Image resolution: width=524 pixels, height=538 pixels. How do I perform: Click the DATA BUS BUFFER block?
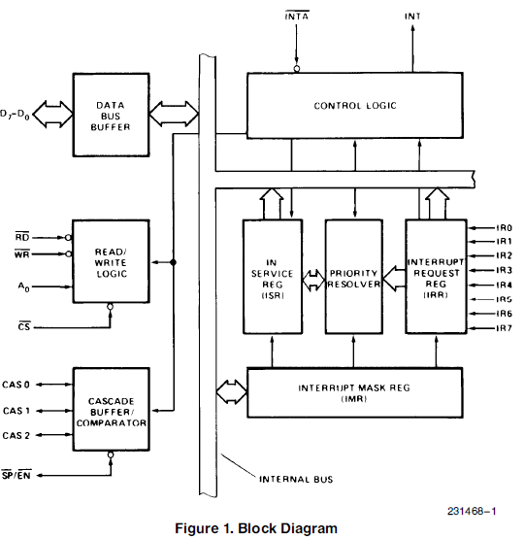coord(112,115)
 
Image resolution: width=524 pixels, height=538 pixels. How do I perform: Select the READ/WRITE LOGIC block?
coord(112,261)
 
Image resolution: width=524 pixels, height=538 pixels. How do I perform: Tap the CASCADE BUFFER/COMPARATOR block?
coord(112,409)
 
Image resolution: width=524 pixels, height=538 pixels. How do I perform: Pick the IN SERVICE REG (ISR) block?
coord(272,276)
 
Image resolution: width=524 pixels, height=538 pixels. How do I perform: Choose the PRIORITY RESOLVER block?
coord(353,276)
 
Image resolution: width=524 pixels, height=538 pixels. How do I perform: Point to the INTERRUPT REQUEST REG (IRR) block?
coord(435,276)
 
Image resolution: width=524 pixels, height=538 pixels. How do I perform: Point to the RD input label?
coord(22,235)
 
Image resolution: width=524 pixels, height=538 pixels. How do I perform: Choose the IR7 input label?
coord(504,329)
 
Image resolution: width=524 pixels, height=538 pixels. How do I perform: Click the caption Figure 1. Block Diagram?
coord(258,528)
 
